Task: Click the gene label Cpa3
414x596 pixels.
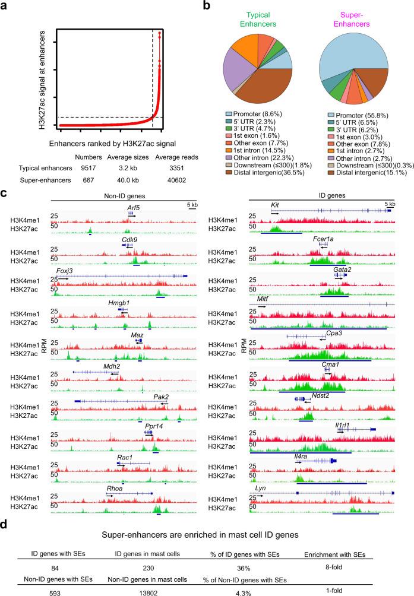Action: click(333, 334)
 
